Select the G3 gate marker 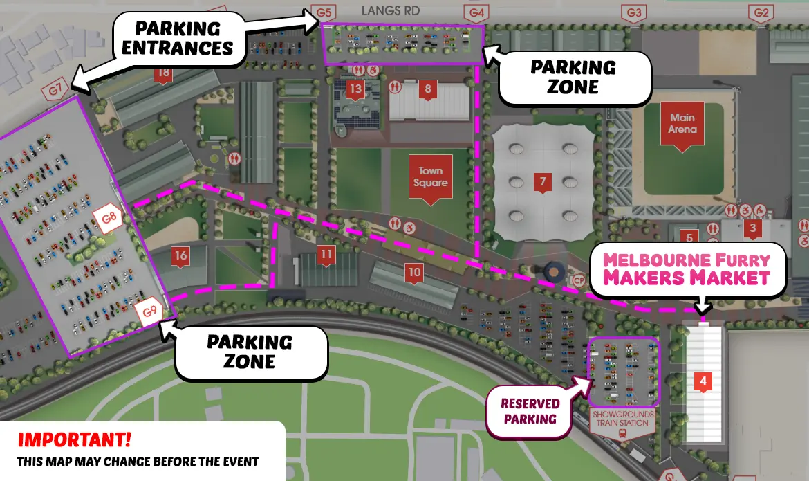(634, 12)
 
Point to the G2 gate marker (762, 12)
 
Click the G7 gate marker (56, 89)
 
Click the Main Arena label (682, 125)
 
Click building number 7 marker (543, 183)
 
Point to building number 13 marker (355, 89)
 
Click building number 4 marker (703, 381)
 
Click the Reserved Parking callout (530, 411)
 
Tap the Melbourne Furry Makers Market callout (687, 269)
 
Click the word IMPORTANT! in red (73, 439)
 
